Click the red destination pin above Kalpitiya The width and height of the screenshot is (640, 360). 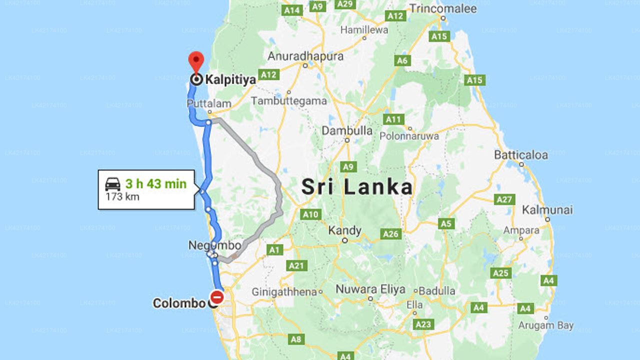(196, 61)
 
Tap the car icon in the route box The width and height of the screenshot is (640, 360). (113, 184)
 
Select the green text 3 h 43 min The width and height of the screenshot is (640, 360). (155, 183)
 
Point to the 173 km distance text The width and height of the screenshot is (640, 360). (122, 196)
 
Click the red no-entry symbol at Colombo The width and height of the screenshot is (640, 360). (216, 297)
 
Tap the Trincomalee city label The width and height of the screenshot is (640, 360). (443, 8)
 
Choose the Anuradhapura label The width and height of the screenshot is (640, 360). (305, 56)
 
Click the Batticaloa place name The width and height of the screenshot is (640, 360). (521, 155)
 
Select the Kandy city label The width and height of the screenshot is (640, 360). (344, 230)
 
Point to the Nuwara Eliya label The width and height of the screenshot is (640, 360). (370, 289)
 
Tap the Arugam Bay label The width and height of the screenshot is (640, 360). (545, 325)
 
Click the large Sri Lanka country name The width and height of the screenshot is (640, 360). (357, 187)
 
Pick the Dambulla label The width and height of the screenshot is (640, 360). (347, 130)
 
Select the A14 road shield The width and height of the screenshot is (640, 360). (291, 10)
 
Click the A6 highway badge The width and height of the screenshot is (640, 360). (402, 61)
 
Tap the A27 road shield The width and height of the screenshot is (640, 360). (505, 200)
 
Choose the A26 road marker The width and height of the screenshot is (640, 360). (390, 233)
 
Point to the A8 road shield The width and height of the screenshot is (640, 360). (296, 339)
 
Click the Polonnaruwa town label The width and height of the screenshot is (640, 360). (409, 136)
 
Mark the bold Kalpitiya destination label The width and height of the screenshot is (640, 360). (230, 79)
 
